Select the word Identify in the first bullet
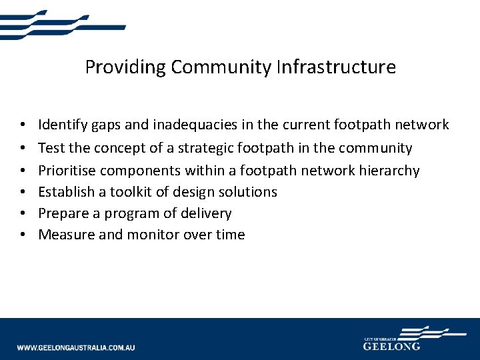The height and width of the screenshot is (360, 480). [62, 125]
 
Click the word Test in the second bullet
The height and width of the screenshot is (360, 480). [50, 148]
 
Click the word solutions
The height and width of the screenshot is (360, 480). [245, 192]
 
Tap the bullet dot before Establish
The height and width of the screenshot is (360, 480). [23, 192]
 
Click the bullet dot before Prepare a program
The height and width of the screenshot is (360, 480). [23, 213]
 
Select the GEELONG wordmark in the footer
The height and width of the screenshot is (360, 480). [391, 347]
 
